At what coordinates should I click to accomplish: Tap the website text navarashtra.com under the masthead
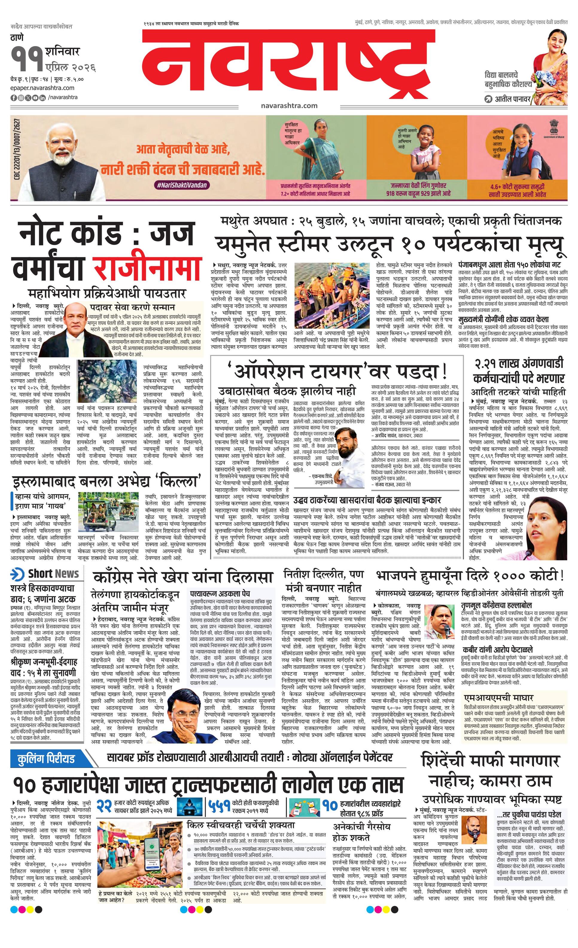289,105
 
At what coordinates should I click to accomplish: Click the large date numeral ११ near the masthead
27,58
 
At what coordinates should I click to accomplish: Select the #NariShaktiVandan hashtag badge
182,185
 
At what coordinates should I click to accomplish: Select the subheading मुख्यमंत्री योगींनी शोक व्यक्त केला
503,319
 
